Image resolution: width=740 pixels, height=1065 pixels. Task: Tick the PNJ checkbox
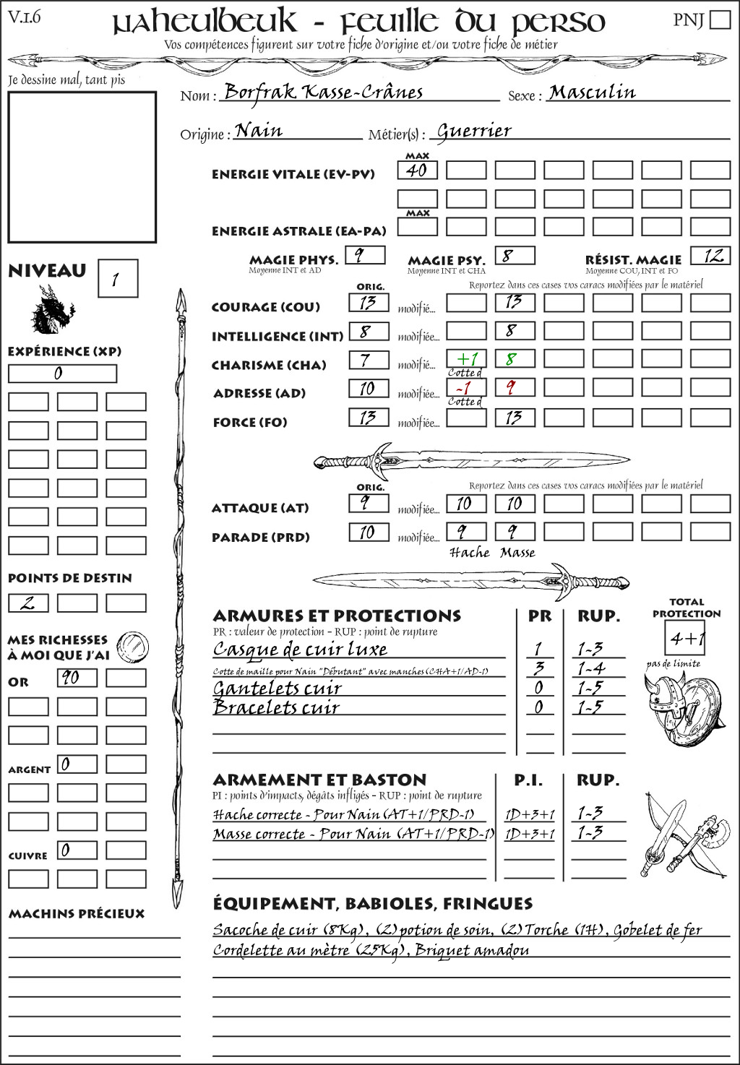click(720, 20)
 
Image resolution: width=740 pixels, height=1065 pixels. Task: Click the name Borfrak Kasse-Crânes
click(323, 92)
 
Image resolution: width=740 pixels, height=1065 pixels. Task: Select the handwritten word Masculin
click(592, 92)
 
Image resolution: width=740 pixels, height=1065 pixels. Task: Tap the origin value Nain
click(258, 130)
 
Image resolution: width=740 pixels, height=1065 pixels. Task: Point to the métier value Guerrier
click(474, 131)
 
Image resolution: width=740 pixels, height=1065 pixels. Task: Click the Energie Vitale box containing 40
click(417, 171)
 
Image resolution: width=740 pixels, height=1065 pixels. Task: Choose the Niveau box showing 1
click(117, 278)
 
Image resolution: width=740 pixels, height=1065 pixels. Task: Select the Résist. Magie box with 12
click(710, 256)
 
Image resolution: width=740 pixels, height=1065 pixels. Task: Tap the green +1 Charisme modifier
click(466, 359)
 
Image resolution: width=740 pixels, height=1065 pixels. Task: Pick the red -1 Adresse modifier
click(466, 388)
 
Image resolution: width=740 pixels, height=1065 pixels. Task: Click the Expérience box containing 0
click(62, 374)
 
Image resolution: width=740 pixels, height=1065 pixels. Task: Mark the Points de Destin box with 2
click(28, 603)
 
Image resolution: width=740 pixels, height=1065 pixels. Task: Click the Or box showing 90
click(77, 678)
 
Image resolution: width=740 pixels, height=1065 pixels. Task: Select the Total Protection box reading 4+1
click(684, 638)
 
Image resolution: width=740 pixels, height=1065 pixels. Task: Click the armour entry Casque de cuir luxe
click(300, 649)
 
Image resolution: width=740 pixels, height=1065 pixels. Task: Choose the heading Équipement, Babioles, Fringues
click(372, 904)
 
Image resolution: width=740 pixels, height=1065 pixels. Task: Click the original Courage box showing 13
click(369, 302)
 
